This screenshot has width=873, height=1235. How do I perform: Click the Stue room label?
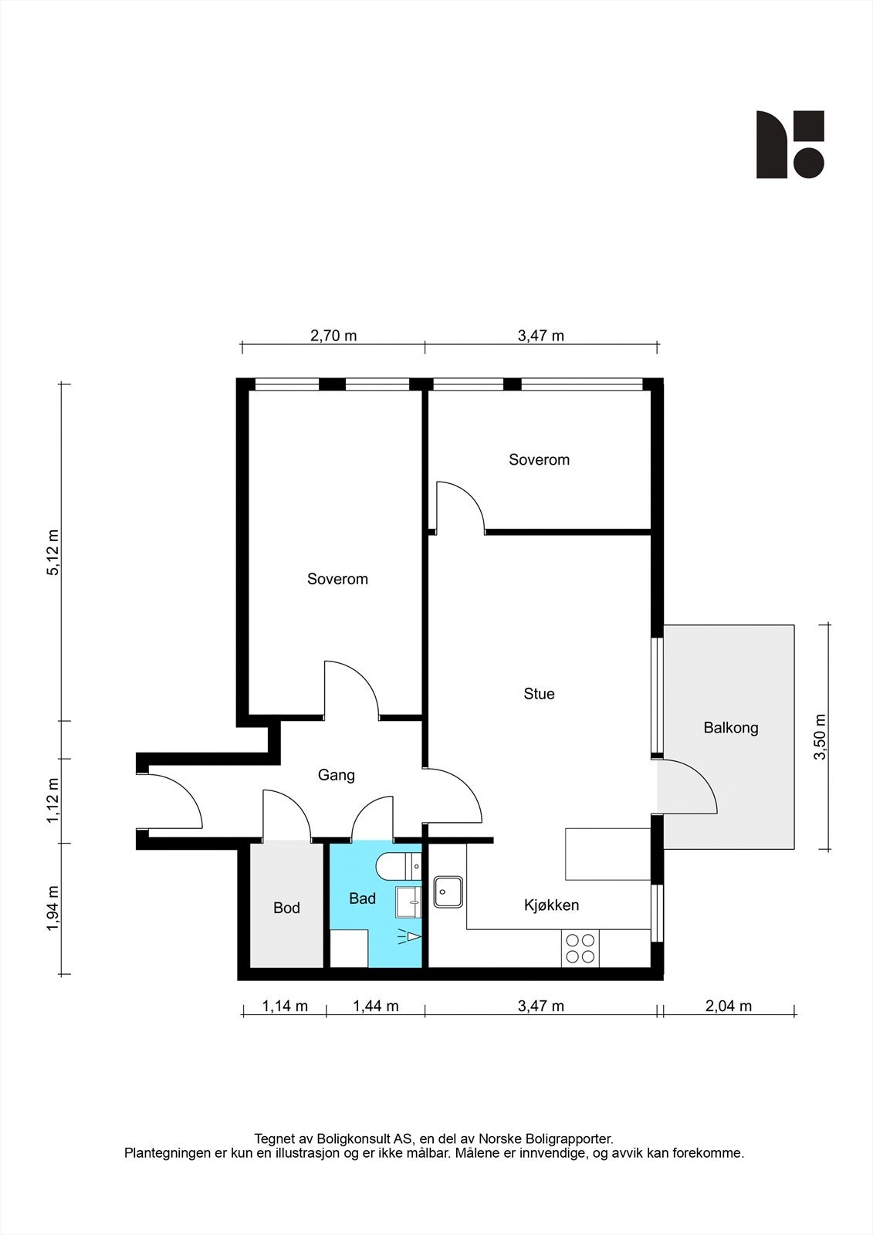click(x=539, y=694)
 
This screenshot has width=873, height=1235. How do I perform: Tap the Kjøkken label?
click(x=551, y=905)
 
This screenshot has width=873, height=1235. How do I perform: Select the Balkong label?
click(x=730, y=728)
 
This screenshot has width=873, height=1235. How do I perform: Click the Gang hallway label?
click(x=336, y=775)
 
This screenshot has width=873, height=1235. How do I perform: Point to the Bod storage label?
click(x=286, y=908)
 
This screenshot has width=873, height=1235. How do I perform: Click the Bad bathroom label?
click(x=362, y=898)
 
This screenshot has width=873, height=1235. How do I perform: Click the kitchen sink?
click(x=448, y=892)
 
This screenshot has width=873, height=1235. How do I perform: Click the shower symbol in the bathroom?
click(x=411, y=937)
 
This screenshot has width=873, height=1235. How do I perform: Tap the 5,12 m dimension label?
click(x=53, y=553)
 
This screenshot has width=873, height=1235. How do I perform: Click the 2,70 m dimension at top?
click(x=333, y=336)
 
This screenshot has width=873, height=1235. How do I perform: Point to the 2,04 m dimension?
click(x=729, y=1006)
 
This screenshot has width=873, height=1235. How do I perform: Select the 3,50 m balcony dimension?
click(x=820, y=736)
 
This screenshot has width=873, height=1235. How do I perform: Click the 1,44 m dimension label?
click(x=375, y=1006)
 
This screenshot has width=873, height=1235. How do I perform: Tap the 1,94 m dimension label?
click(x=53, y=908)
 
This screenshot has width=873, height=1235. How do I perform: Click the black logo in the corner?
click(x=789, y=144)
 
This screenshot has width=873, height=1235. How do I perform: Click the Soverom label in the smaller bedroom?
click(x=539, y=460)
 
